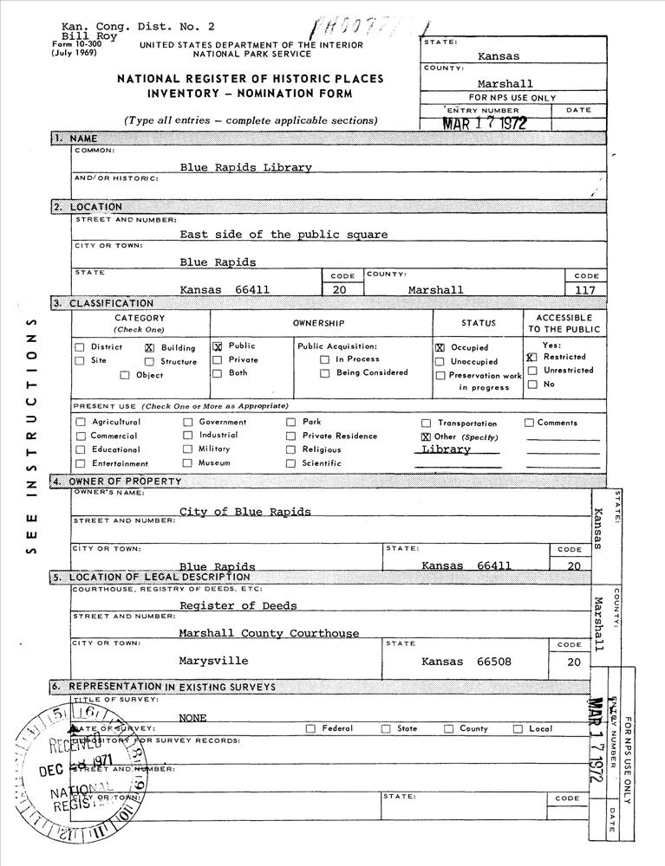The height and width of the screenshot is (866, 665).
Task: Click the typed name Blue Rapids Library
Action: [245, 167]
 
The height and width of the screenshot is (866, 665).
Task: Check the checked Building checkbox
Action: [149, 347]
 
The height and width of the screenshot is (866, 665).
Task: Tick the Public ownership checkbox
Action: [218, 346]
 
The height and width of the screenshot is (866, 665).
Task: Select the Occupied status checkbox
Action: [440, 347]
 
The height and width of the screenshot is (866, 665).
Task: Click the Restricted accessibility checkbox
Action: [531, 357]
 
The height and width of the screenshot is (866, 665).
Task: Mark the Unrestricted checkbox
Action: [532, 371]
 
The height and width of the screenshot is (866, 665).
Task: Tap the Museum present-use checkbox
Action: [187, 463]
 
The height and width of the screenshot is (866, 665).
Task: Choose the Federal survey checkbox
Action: [310, 729]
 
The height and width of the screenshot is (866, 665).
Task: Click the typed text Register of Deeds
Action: [238, 605]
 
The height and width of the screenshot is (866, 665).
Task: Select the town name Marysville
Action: [213, 661]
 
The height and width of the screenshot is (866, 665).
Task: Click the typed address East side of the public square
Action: [284, 234]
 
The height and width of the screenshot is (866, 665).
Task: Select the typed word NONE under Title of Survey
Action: [192, 718]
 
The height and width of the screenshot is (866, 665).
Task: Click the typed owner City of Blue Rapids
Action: [244, 511]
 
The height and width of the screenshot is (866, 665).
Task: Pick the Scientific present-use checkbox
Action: [290, 463]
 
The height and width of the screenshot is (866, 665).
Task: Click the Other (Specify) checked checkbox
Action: [426, 437]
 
